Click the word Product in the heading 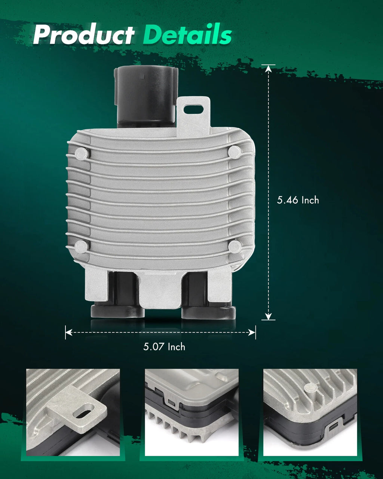(83, 34)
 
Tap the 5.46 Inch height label (298, 200)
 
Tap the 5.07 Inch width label (164, 347)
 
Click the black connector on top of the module (146, 97)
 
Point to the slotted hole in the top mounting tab (193, 109)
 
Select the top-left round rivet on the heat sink (82, 153)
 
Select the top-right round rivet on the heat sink (235, 152)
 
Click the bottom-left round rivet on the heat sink (81, 247)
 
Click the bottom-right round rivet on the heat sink (235, 246)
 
